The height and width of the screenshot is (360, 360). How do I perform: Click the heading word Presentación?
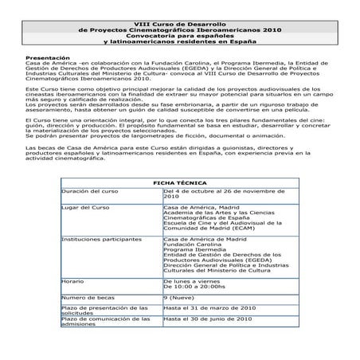[x=46, y=59]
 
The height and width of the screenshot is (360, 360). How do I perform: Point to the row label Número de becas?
[x=88, y=297]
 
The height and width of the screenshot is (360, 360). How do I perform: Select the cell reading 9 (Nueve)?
[x=180, y=297]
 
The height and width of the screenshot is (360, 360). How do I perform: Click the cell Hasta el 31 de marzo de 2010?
[x=209, y=306]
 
